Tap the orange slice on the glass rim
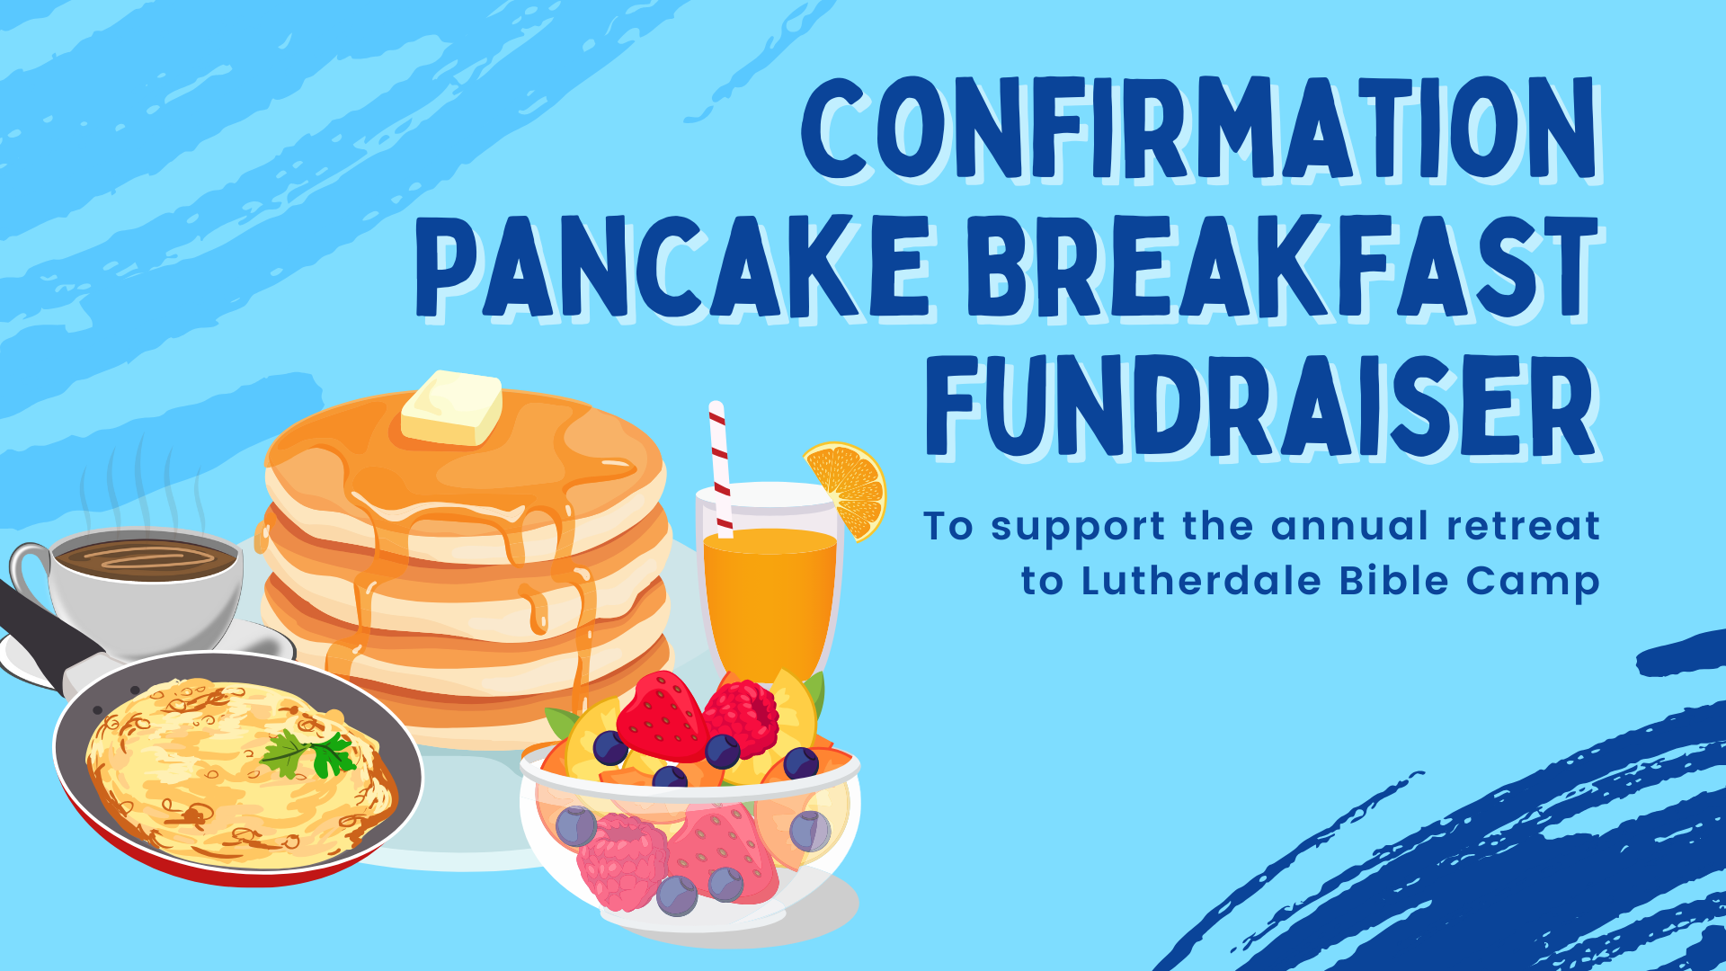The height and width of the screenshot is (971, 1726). (847, 488)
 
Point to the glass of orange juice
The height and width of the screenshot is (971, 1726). (770, 584)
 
